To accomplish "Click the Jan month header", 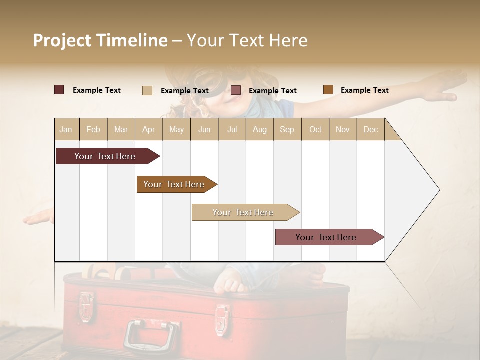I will [x=66, y=129].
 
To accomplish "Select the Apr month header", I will [x=148, y=129].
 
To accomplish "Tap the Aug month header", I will [x=259, y=129].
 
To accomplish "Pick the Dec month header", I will [x=370, y=129].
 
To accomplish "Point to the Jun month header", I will [x=204, y=129].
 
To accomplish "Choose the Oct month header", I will [x=315, y=129].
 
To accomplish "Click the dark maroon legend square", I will [x=59, y=90].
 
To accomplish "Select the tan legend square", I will [x=147, y=90].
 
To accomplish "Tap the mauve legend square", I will [x=236, y=90].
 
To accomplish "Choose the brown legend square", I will [x=328, y=90].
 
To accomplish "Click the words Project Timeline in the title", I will [x=100, y=40].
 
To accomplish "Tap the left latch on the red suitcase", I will [x=87, y=304].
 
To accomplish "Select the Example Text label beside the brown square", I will [x=364, y=90].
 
